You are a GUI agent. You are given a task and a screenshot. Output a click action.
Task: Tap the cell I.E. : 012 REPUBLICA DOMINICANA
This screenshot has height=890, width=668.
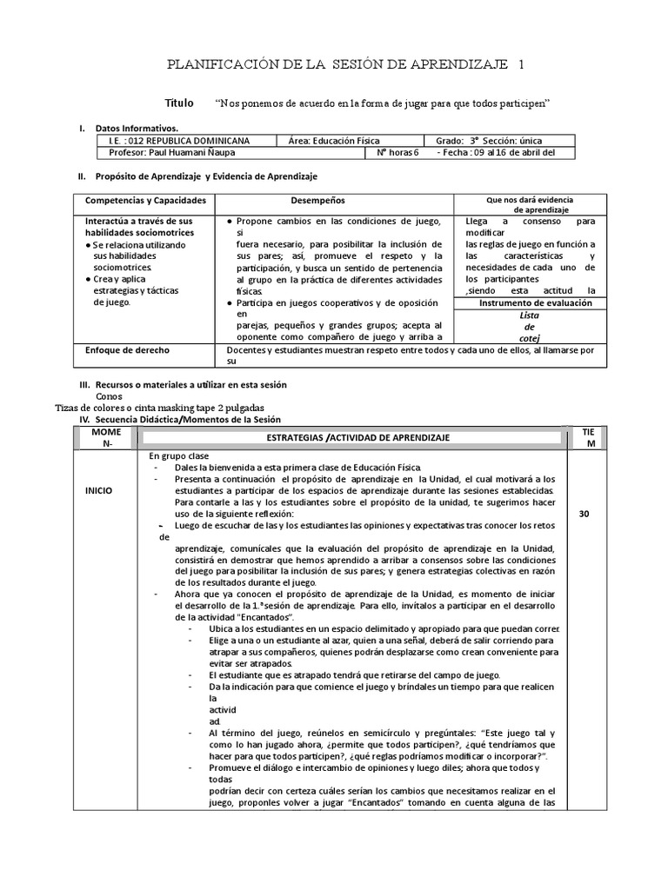click(179, 140)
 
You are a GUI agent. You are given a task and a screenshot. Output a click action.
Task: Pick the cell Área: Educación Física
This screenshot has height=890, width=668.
click(334, 140)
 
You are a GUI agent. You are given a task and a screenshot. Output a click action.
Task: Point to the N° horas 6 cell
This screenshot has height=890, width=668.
click(397, 153)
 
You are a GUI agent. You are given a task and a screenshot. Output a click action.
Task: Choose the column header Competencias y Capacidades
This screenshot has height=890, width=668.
click(145, 200)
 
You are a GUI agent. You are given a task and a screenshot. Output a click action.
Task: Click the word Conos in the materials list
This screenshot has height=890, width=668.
click(109, 395)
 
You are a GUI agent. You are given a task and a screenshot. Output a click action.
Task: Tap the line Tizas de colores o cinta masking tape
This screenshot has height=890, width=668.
click(159, 408)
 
